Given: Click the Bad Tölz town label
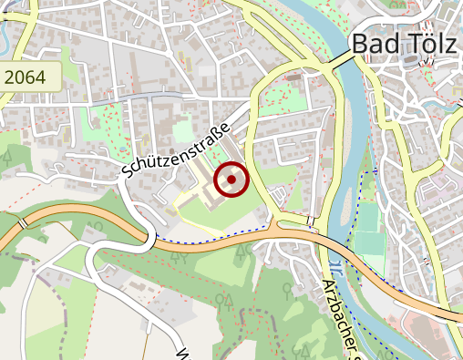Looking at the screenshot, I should pos(404,43).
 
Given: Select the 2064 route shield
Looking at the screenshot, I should pos(30,77).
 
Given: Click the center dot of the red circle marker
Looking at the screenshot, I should pos(231,180).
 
